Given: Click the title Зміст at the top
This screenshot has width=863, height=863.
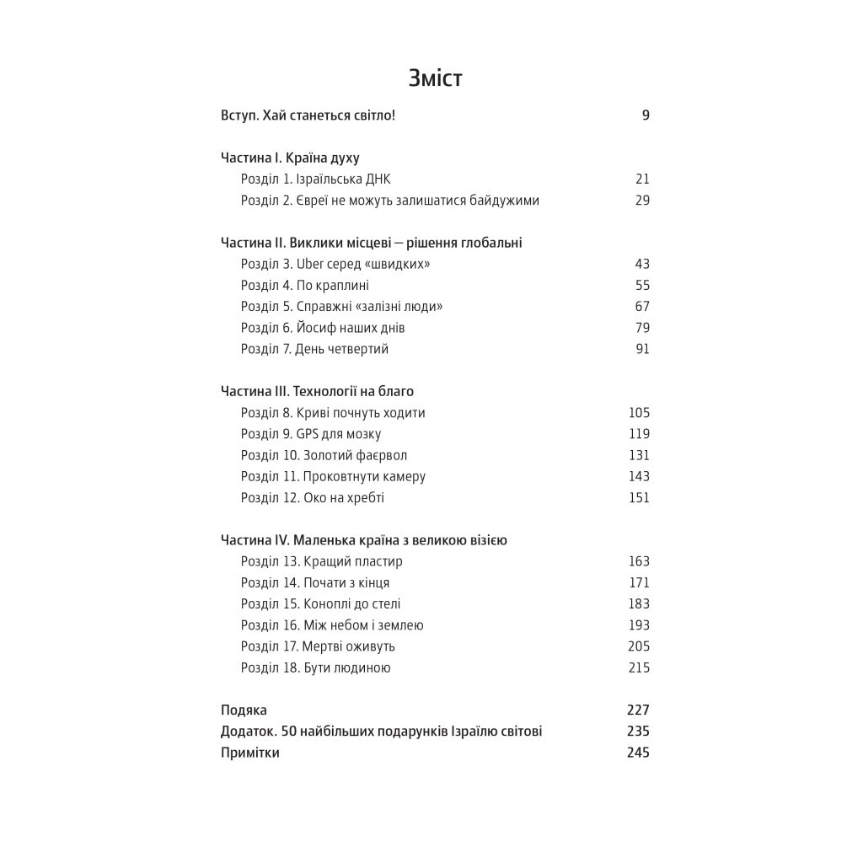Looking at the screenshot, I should coord(435,78).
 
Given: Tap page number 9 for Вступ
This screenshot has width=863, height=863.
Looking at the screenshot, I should coord(645,115).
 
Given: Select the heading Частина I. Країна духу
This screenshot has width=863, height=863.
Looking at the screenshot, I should coord(290,158).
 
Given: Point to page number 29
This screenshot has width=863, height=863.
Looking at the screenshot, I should coord(642,201).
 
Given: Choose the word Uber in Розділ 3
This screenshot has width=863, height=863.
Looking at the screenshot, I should coord(310,265).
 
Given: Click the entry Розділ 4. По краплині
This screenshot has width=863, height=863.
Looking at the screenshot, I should coord(304,286).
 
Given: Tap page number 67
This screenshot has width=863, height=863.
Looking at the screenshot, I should coord(642,307).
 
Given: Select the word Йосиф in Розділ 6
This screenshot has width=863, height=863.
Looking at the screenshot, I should coord(315,328).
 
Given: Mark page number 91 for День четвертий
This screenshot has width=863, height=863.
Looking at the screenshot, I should coord(642,349).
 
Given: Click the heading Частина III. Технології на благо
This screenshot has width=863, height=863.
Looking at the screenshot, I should coord(317,391).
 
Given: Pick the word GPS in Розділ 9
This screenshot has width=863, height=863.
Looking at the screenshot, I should coord(307,434).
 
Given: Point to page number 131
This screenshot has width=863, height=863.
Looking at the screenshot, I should coord(639,455).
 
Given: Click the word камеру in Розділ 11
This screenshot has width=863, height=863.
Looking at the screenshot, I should coord(402,477).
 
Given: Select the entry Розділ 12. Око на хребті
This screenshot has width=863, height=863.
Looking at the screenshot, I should coord(312,498).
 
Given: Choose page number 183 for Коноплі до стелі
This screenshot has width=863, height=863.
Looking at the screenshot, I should coord(639,603).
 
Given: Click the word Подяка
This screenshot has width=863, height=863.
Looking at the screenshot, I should coord(244,710).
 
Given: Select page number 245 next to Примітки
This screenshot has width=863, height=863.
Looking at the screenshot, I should coord(638,753).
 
